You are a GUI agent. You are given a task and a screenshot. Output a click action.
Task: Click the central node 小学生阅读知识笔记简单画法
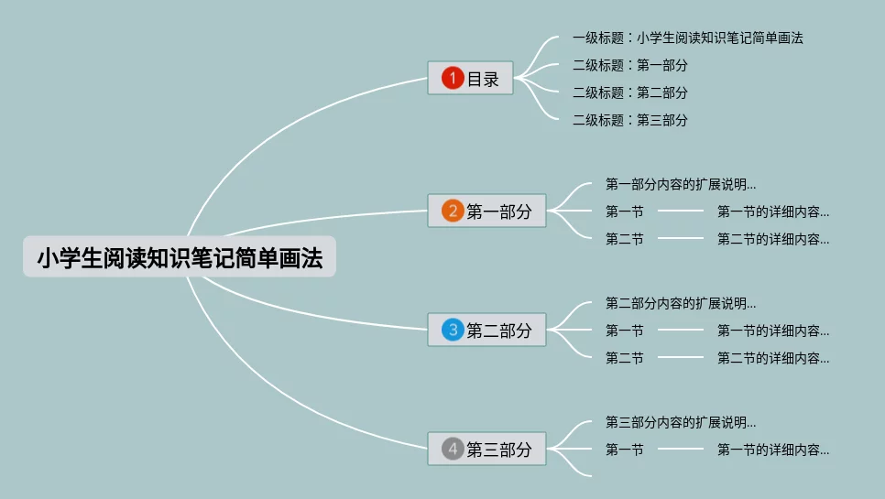pos(180,259)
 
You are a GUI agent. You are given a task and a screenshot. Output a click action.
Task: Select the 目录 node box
pos(471,79)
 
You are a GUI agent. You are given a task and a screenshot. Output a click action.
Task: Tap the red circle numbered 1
pos(453,79)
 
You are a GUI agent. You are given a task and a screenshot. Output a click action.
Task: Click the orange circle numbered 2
pos(453,212)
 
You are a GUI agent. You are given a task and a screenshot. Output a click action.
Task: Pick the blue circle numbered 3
pos(453,330)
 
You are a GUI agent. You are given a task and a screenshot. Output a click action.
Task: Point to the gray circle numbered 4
pos(453,450)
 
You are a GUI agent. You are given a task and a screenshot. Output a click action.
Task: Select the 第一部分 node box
pos(486,212)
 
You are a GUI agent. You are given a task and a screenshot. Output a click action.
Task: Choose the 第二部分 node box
pos(486,330)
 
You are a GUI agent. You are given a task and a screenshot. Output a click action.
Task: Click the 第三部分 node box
pos(486,450)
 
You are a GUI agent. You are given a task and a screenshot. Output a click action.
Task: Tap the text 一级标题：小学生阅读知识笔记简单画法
pos(687,38)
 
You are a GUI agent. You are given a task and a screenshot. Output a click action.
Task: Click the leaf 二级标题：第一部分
pos(629,66)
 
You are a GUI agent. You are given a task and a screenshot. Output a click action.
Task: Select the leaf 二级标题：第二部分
pos(629,92)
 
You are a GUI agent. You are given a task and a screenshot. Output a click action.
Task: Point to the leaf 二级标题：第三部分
pos(629,120)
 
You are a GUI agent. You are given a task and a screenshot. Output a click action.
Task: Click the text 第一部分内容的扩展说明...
pos(680,184)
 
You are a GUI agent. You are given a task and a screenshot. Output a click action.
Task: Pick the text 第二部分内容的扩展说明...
pos(680,303)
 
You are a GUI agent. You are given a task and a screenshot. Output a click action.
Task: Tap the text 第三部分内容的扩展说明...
pos(680,422)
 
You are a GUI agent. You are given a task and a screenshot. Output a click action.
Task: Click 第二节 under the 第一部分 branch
pos(624,239)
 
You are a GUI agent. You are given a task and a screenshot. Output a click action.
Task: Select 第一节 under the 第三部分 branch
pos(624,450)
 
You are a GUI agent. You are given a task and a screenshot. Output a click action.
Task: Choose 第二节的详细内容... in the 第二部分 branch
pos(772,358)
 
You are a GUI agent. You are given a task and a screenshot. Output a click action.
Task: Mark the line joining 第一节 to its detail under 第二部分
pos(680,331)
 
